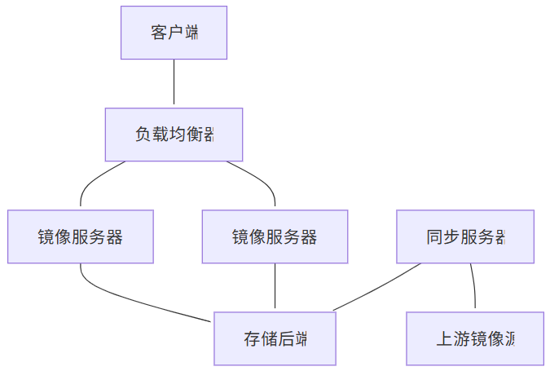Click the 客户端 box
(174, 33)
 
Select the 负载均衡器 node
(174, 135)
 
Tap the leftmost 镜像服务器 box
(81, 236)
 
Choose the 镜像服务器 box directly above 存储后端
(275, 236)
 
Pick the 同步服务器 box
(465, 236)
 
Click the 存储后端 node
(275, 338)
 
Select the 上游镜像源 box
(475, 338)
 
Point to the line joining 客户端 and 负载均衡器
(174, 83)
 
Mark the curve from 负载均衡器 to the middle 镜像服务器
(261, 178)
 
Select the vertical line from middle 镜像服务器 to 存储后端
(275, 287)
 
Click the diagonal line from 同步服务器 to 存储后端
(376, 287)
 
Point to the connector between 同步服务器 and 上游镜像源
(473, 287)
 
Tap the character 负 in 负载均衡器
(143, 135)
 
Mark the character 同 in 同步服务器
(434, 237)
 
